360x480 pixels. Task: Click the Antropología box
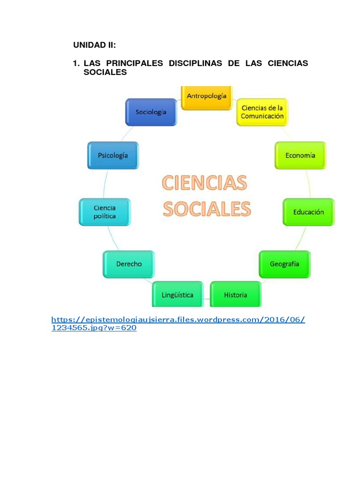point(207,97)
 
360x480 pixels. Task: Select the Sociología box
point(151,112)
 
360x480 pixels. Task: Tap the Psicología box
point(113,155)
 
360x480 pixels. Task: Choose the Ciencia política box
point(105,212)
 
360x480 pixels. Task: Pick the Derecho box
point(129,264)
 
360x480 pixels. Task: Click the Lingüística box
point(177,295)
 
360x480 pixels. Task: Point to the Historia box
point(235,295)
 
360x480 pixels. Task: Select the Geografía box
point(285,264)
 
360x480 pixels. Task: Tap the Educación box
point(308,212)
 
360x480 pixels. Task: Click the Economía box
point(300,155)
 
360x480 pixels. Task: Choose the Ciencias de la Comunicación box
point(262,112)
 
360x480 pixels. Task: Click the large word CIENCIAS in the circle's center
point(204,183)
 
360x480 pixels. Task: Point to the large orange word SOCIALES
point(206,209)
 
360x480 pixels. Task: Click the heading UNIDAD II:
point(94,45)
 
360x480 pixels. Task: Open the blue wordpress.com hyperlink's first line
point(178,320)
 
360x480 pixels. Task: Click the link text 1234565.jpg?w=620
point(94,328)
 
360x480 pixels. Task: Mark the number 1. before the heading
point(76,63)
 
